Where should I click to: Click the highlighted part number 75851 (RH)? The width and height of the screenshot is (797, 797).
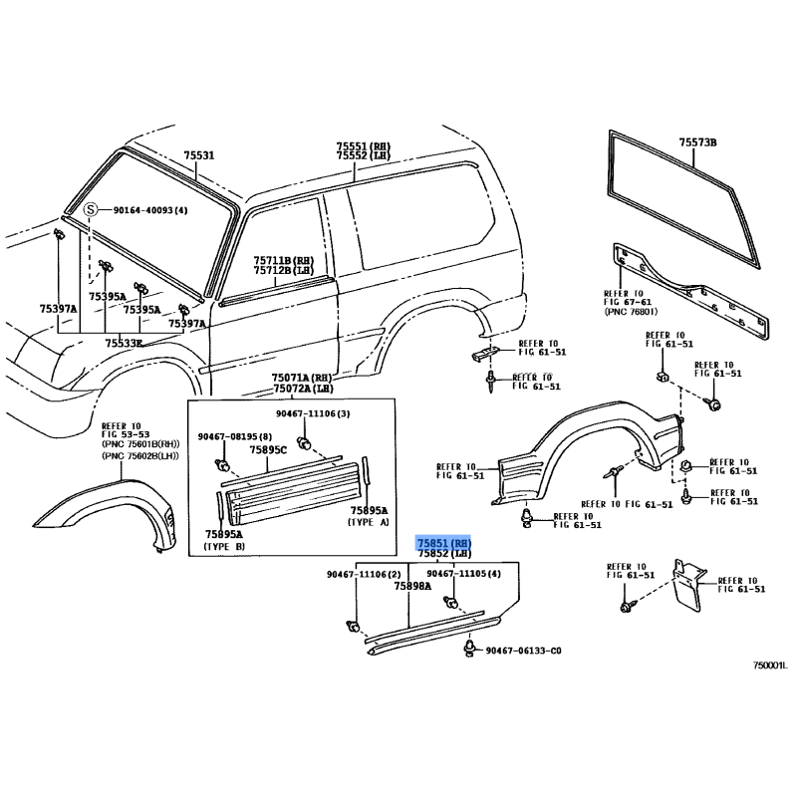pyautogui.click(x=443, y=541)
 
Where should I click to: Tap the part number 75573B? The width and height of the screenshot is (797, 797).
pyautogui.click(x=697, y=143)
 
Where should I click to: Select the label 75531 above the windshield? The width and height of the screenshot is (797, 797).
pyautogui.click(x=198, y=155)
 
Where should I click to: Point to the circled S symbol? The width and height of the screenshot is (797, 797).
pyautogui.click(x=91, y=210)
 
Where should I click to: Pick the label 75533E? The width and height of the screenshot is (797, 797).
pyautogui.click(x=125, y=343)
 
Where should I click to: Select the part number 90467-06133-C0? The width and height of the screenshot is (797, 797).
pyautogui.click(x=524, y=651)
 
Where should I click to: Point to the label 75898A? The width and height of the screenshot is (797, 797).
pyautogui.click(x=411, y=587)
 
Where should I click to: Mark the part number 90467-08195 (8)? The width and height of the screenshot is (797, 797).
pyautogui.click(x=235, y=436)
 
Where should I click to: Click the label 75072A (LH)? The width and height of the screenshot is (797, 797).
pyautogui.click(x=303, y=390)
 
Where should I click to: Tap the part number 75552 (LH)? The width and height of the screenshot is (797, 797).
pyautogui.click(x=363, y=156)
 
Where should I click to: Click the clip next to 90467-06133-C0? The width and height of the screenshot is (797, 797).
pyautogui.click(x=468, y=650)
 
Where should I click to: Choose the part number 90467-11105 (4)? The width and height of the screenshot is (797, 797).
pyautogui.click(x=463, y=574)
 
